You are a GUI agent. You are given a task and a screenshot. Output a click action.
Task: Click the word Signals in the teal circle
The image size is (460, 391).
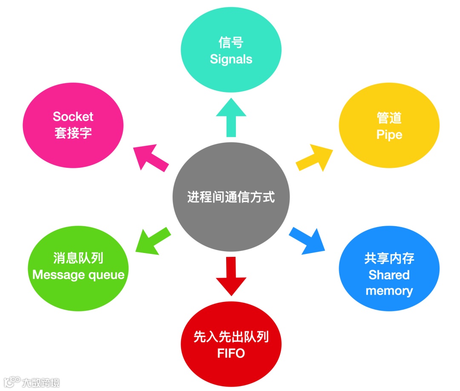(x=231, y=59)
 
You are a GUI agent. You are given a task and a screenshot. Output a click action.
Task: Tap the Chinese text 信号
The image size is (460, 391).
(x=231, y=43)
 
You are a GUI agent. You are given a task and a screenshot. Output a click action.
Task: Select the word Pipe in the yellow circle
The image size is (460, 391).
(x=389, y=135)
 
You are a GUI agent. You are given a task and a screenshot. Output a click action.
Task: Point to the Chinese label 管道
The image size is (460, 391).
(x=389, y=118)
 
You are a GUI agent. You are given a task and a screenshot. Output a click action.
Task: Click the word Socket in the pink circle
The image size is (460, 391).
(x=73, y=116)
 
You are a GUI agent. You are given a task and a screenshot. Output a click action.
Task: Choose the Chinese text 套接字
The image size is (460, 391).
(x=73, y=133)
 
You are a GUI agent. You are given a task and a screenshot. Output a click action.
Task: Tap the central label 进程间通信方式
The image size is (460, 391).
(x=231, y=197)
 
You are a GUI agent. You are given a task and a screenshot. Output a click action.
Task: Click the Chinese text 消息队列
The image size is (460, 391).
(x=78, y=258)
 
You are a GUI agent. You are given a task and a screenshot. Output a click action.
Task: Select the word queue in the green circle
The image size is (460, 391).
(x=106, y=275)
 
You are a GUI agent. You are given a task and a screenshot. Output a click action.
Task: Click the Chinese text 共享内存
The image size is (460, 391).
(x=389, y=258)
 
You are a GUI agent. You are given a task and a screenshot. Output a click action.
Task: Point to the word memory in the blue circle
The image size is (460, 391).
(x=389, y=291)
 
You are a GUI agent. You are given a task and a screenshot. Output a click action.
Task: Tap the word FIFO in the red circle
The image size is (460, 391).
(x=231, y=354)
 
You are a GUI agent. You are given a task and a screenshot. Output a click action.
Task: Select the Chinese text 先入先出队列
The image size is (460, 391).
(x=231, y=337)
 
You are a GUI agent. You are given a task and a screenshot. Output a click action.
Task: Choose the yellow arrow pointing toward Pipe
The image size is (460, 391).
(x=315, y=158)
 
